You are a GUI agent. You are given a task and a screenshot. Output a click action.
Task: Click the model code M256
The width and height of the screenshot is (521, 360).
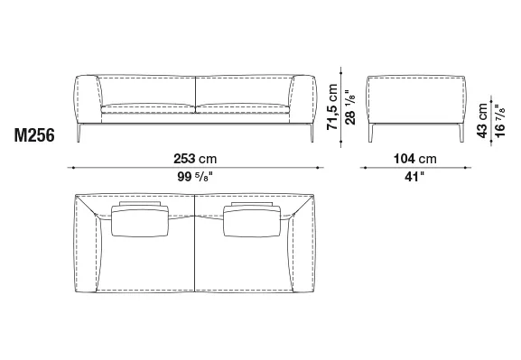34,135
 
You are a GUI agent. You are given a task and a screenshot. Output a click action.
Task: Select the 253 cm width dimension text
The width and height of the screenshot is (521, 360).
195,159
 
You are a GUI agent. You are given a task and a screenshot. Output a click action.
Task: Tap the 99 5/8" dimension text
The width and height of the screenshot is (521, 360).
195,177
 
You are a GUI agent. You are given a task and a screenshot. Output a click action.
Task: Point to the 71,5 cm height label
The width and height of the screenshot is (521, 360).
332,106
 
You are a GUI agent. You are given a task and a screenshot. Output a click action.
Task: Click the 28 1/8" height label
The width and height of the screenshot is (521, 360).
349,107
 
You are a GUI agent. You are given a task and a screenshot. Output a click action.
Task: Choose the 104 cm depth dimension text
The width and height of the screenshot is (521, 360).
415,159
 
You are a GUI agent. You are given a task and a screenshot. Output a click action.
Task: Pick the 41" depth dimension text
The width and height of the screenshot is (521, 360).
414,177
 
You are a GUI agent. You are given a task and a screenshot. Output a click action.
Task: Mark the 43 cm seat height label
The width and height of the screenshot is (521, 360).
482,120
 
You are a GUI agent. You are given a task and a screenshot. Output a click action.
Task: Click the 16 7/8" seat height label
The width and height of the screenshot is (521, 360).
499,121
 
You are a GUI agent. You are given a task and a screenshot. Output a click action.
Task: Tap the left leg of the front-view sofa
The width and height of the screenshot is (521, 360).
79,133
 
